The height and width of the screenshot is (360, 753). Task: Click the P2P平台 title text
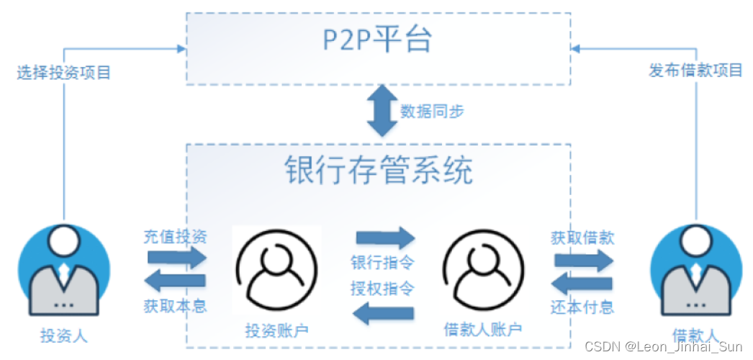377,40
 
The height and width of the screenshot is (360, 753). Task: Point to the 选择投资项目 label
64,73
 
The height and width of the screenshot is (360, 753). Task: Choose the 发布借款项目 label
695,71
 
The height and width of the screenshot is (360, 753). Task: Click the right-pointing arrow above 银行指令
385,238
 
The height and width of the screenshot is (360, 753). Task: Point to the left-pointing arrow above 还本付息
582,282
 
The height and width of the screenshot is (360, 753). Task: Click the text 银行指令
382,262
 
